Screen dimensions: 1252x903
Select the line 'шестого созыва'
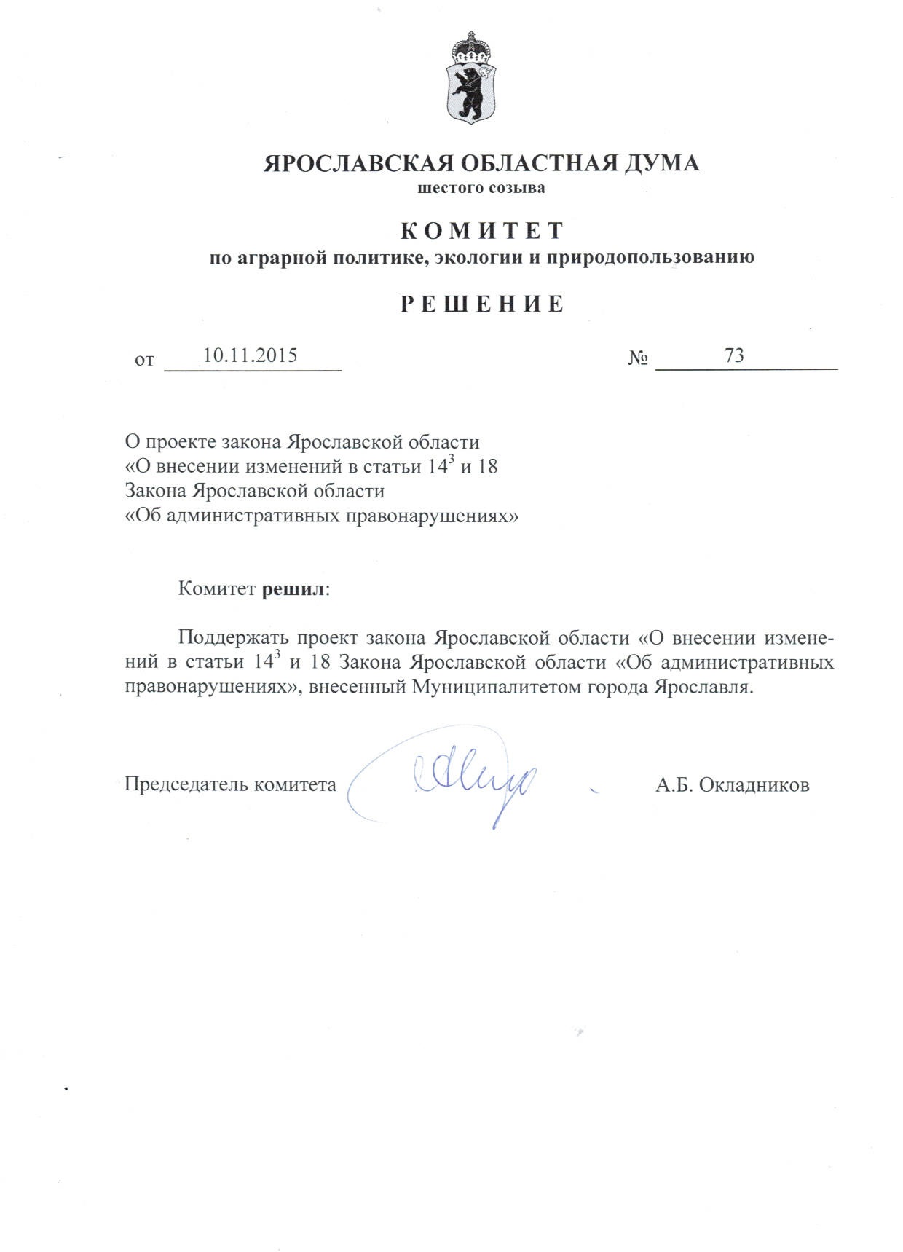coord(481,189)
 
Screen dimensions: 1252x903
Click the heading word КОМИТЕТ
coord(482,230)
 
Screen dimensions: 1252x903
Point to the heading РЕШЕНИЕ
coord(482,304)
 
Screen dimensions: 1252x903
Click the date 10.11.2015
coord(250,355)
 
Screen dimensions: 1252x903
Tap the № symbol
coord(639,359)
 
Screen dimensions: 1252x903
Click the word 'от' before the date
coord(145,360)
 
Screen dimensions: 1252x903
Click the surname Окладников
coord(753,785)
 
